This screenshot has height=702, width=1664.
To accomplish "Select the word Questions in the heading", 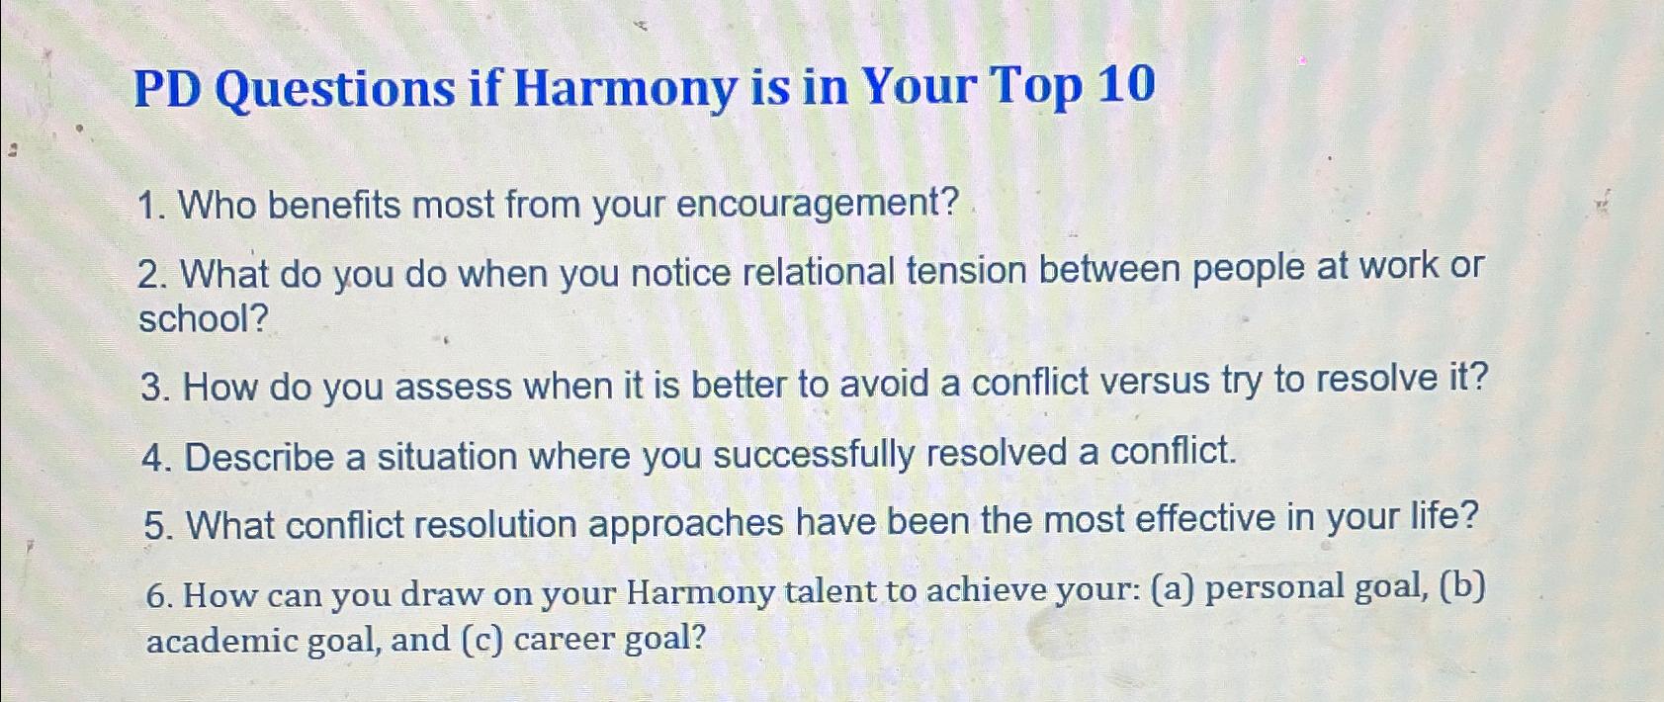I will click(334, 91).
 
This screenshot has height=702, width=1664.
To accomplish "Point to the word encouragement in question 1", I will click(818, 205).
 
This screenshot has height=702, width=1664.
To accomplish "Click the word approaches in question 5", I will click(685, 523).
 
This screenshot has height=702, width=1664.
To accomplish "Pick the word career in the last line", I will click(564, 640).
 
